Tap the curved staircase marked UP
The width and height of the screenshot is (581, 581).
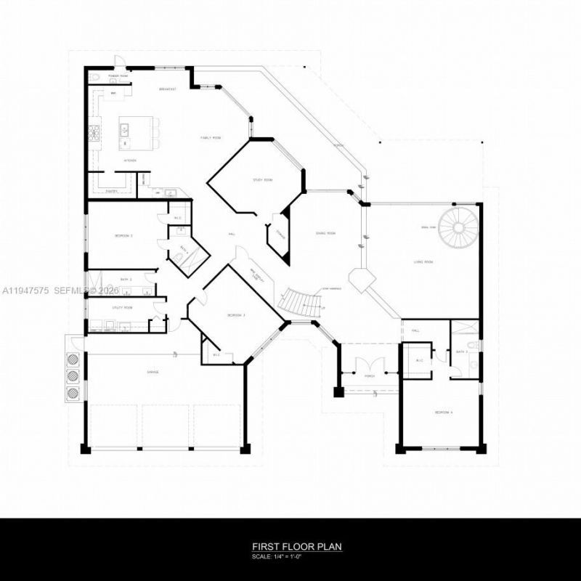300,302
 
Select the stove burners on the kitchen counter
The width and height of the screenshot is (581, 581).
94,132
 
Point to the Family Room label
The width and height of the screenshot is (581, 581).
211,137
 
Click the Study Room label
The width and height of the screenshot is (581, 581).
262,179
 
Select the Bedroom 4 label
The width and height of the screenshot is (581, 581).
443,413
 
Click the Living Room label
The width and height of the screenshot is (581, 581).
423,261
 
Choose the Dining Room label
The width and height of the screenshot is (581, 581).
325,233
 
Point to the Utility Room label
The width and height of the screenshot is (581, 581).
123,308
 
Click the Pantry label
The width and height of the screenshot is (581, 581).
111,191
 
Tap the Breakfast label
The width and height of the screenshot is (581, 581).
168,89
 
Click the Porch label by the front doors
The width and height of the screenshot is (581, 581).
369,376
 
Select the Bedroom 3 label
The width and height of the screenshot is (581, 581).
237,315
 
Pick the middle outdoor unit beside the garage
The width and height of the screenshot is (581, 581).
73,376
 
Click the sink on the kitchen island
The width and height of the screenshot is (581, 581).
124,131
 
